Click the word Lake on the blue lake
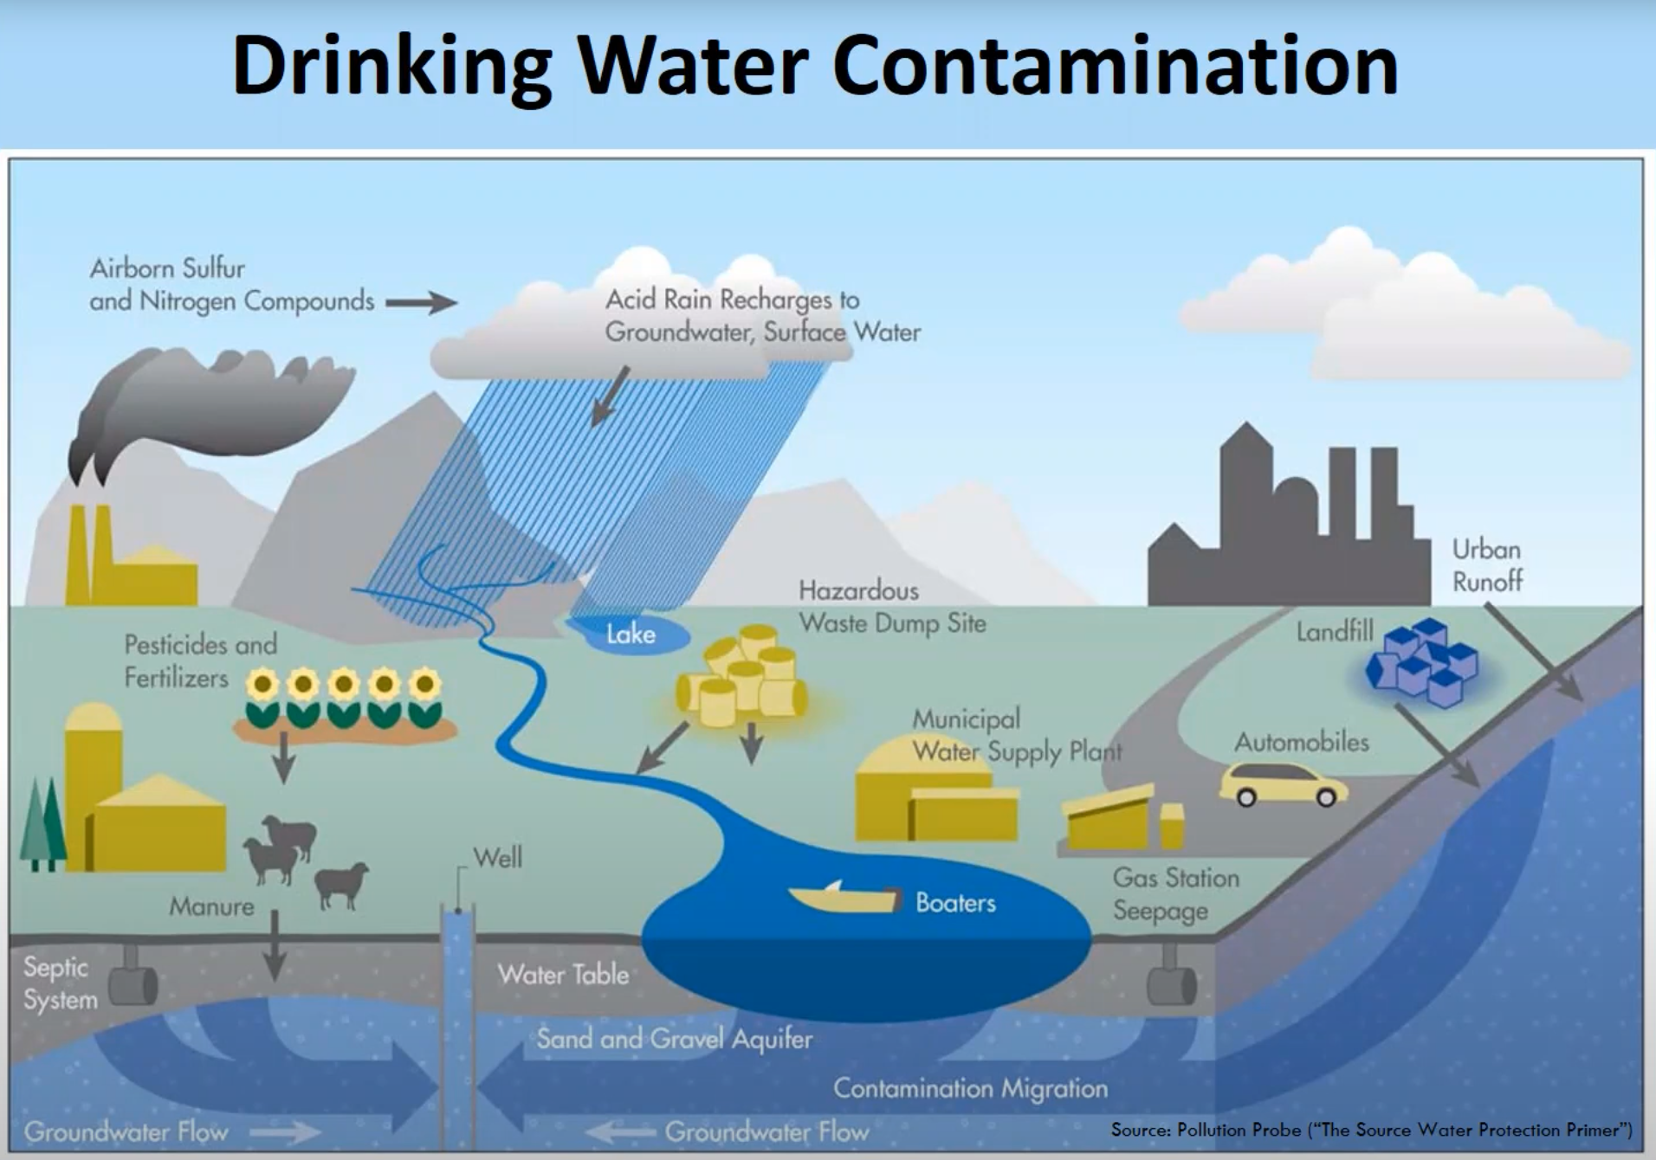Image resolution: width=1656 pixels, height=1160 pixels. pyautogui.click(x=631, y=635)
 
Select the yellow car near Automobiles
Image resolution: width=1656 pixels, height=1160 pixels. pyautogui.click(x=1283, y=784)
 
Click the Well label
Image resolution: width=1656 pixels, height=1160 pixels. pyautogui.click(x=498, y=858)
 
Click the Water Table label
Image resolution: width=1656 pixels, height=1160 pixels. pyautogui.click(x=563, y=975)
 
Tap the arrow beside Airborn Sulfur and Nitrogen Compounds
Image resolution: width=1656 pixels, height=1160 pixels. pyautogui.click(x=421, y=303)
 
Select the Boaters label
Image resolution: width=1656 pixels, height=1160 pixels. pyautogui.click(x=955, y=903)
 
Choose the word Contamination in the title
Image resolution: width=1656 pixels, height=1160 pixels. pyautogui.click(x=1115, y=67)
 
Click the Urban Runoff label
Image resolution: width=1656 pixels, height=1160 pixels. pyautogui.click(x=1487, y=565)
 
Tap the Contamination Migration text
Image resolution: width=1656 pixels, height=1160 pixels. pyautogui.click(x=970, y=1088)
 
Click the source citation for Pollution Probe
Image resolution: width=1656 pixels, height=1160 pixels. pyautogui.click(x=1371, y=1130)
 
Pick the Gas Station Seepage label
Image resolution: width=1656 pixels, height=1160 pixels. pyautogui.click(x=1175, y=894)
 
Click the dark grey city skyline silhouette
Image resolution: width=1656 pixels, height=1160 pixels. pyautogui.click(x=1291, y=537)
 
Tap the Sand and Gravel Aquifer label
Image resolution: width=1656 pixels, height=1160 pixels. pyautogui.click(x=674, y=1038)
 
